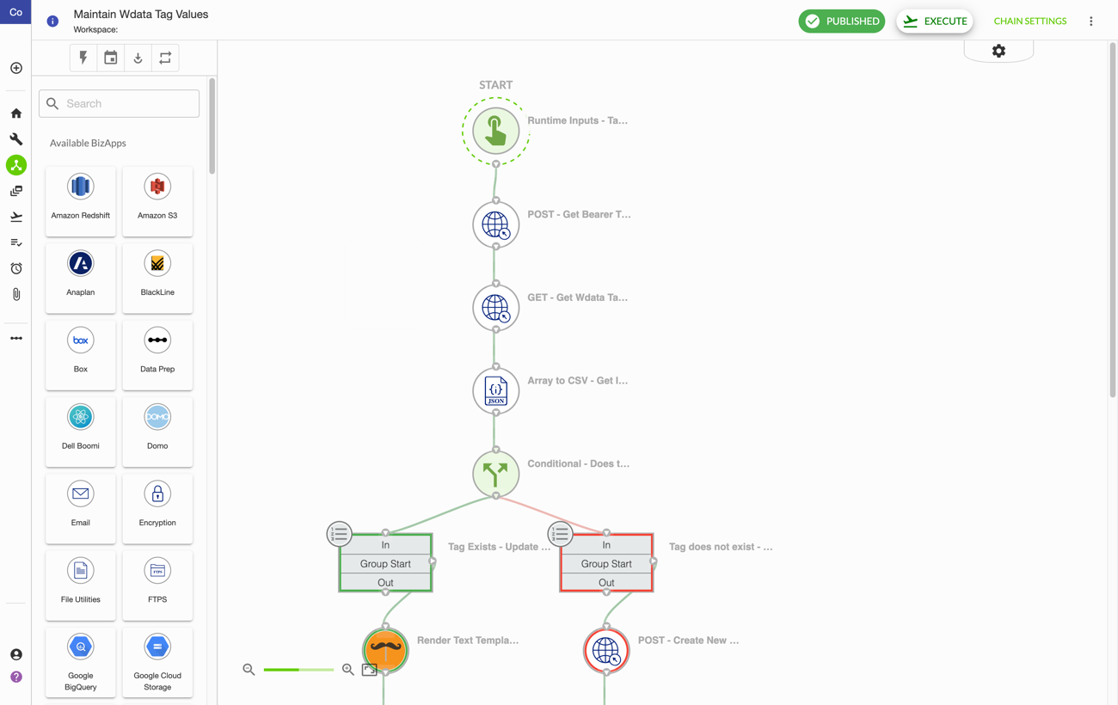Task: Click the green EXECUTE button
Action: pos(934,21)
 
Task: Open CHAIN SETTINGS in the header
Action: pos(1029,21)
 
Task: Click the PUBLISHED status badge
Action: pos(841,21)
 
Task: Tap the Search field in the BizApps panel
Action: pos(120,103)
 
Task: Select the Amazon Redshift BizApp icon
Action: pos(80,187)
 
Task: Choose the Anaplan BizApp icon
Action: pos(80,263)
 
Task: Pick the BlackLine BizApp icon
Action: pos(157,263)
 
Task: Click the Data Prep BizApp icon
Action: pos(157,340)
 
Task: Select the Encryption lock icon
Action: pos(157,494)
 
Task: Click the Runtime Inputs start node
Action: pos(495,132)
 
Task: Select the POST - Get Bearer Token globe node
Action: pos(495,224)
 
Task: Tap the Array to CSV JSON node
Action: pos(495,390)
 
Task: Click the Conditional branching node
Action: pos(495,474)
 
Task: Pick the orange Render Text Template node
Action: pos(385,651)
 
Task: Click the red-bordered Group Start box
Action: pos(606,563)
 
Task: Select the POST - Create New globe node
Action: pos(606,651)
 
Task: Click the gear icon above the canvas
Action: pos(998,51)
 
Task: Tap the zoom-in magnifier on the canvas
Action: pos(348,670)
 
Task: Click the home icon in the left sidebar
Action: pos(16,113)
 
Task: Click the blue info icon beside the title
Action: pos(52,21)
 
